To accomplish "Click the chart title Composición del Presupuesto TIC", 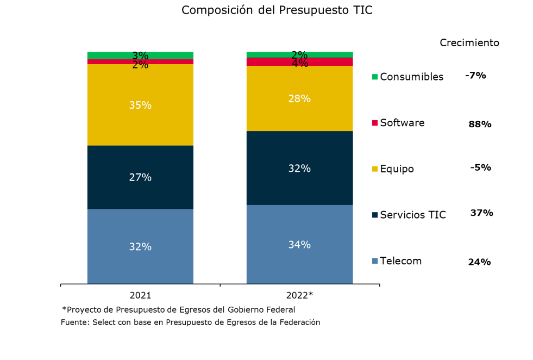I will click(277, 10).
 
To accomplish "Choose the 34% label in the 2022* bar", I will click(299, 245).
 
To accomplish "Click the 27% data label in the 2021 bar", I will click(140, 177).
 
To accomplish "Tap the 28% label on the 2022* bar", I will click(299, 98).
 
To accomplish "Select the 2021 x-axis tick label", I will click(140, 296).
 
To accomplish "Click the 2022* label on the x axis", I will click(299, 296).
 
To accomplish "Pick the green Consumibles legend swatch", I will click(374, 77).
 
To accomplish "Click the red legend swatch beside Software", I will click(374, 123).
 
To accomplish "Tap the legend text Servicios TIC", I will click(413, 215).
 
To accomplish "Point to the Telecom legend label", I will click(401, 261).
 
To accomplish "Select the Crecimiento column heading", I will click(469, 43).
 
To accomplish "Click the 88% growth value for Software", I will click(480, 125).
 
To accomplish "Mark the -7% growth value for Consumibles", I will click(475, 76).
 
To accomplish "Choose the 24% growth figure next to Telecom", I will click(479, 262).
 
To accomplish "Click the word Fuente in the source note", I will click(74, 322).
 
